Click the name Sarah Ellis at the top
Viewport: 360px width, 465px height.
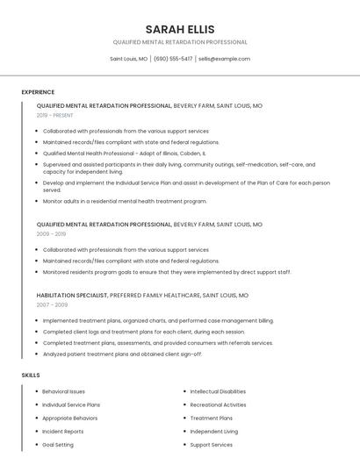click(x=180, y=29)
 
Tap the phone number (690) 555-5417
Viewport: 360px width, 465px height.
click(x=173, y=59)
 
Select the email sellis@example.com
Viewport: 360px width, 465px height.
click(x=224, y=59)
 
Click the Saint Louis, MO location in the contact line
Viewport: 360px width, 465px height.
click(x=128, y=59)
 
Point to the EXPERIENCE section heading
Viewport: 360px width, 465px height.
click(x=38, y=92)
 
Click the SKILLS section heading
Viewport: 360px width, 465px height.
click(x=31, y=375)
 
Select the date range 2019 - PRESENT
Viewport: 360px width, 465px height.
click(x=54, y=115)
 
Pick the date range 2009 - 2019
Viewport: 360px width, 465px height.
click(x=51, y=234)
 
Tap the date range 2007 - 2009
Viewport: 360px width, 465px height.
click(x=52, y=304)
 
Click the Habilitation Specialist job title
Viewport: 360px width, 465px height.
click(x=72, y=296)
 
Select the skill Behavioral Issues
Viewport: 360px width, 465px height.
click(x=64, y=391)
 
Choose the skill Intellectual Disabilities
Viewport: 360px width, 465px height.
click(x=218, y=391)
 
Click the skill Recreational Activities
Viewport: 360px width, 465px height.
click(x=218, y=404)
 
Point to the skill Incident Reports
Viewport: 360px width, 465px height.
click(x=63, y=432)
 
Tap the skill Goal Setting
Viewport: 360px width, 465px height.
click(x=58, y=445)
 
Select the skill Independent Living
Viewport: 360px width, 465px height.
click(x=213, y=432)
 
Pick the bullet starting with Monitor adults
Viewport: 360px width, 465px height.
click(x=125, y=201)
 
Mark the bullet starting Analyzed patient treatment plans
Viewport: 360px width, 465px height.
click(x=122, y=354)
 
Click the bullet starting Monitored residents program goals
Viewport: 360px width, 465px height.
click(x=167, y=272)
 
